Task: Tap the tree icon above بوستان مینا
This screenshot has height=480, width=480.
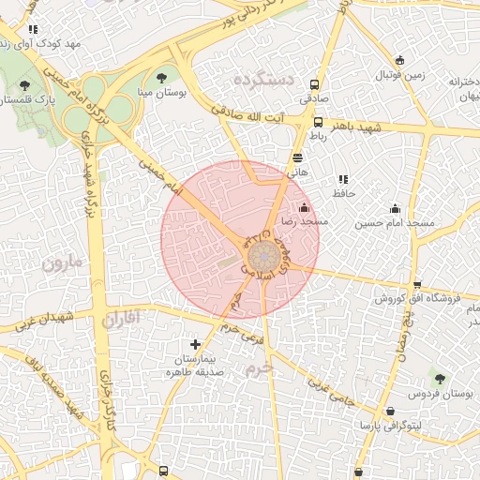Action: [x=163, y=77]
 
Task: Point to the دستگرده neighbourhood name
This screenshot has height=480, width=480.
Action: [x=264, y=78]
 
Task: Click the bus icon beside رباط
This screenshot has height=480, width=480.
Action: [x=318, y=122]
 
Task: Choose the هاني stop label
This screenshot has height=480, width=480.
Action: [x=297, y=172]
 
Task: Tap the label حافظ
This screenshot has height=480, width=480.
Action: [x=341, y=192]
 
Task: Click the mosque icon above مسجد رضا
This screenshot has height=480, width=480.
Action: [x=303, y=207]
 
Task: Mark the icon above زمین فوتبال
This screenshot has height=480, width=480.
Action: [x=399, y=60]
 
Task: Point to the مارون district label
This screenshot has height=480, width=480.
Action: [x=63, y=262]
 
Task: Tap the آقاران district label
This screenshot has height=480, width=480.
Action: [x=122, y=320]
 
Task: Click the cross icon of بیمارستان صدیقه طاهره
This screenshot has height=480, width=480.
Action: [x=195, y=345]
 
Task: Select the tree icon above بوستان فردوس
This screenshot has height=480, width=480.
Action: [x=440, y=379]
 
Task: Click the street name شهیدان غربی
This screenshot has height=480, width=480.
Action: [x=43, y=319]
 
